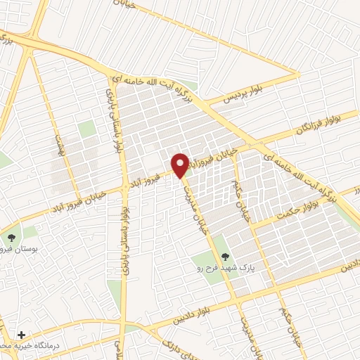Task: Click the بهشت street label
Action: (60, 145)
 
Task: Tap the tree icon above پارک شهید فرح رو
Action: (225, 257)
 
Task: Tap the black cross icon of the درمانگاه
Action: (22, 335)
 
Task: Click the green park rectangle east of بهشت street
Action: (86, 129)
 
